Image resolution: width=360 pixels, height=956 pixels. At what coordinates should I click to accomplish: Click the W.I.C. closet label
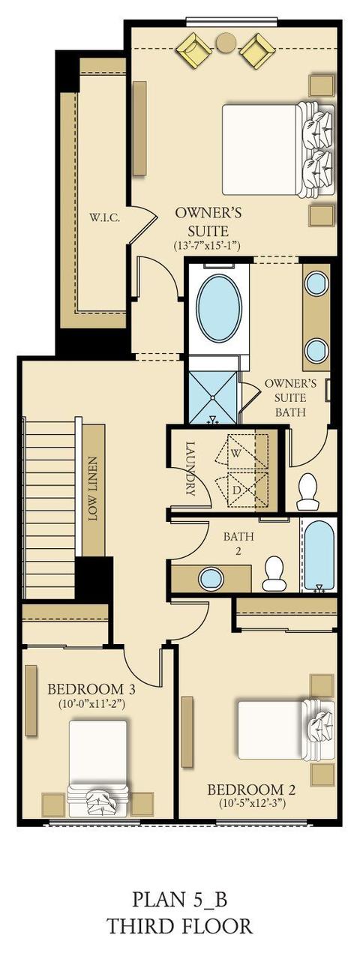(105, 218)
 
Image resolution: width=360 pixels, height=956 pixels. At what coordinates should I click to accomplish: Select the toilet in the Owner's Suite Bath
(307, 492)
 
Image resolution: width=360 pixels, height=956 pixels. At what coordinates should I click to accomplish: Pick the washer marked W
(242, 452)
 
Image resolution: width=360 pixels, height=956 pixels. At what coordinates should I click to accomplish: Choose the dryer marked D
(242, 490)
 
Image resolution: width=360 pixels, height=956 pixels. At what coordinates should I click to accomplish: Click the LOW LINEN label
(94, 489)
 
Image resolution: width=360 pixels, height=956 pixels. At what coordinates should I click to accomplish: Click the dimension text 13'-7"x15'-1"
(208, 245)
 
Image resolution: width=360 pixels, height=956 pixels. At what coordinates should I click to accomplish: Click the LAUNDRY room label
(190, 468)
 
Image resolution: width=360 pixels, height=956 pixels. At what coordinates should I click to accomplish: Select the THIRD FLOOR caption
(179, 926)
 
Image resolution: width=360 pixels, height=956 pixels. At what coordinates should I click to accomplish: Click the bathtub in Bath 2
(319, 556)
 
